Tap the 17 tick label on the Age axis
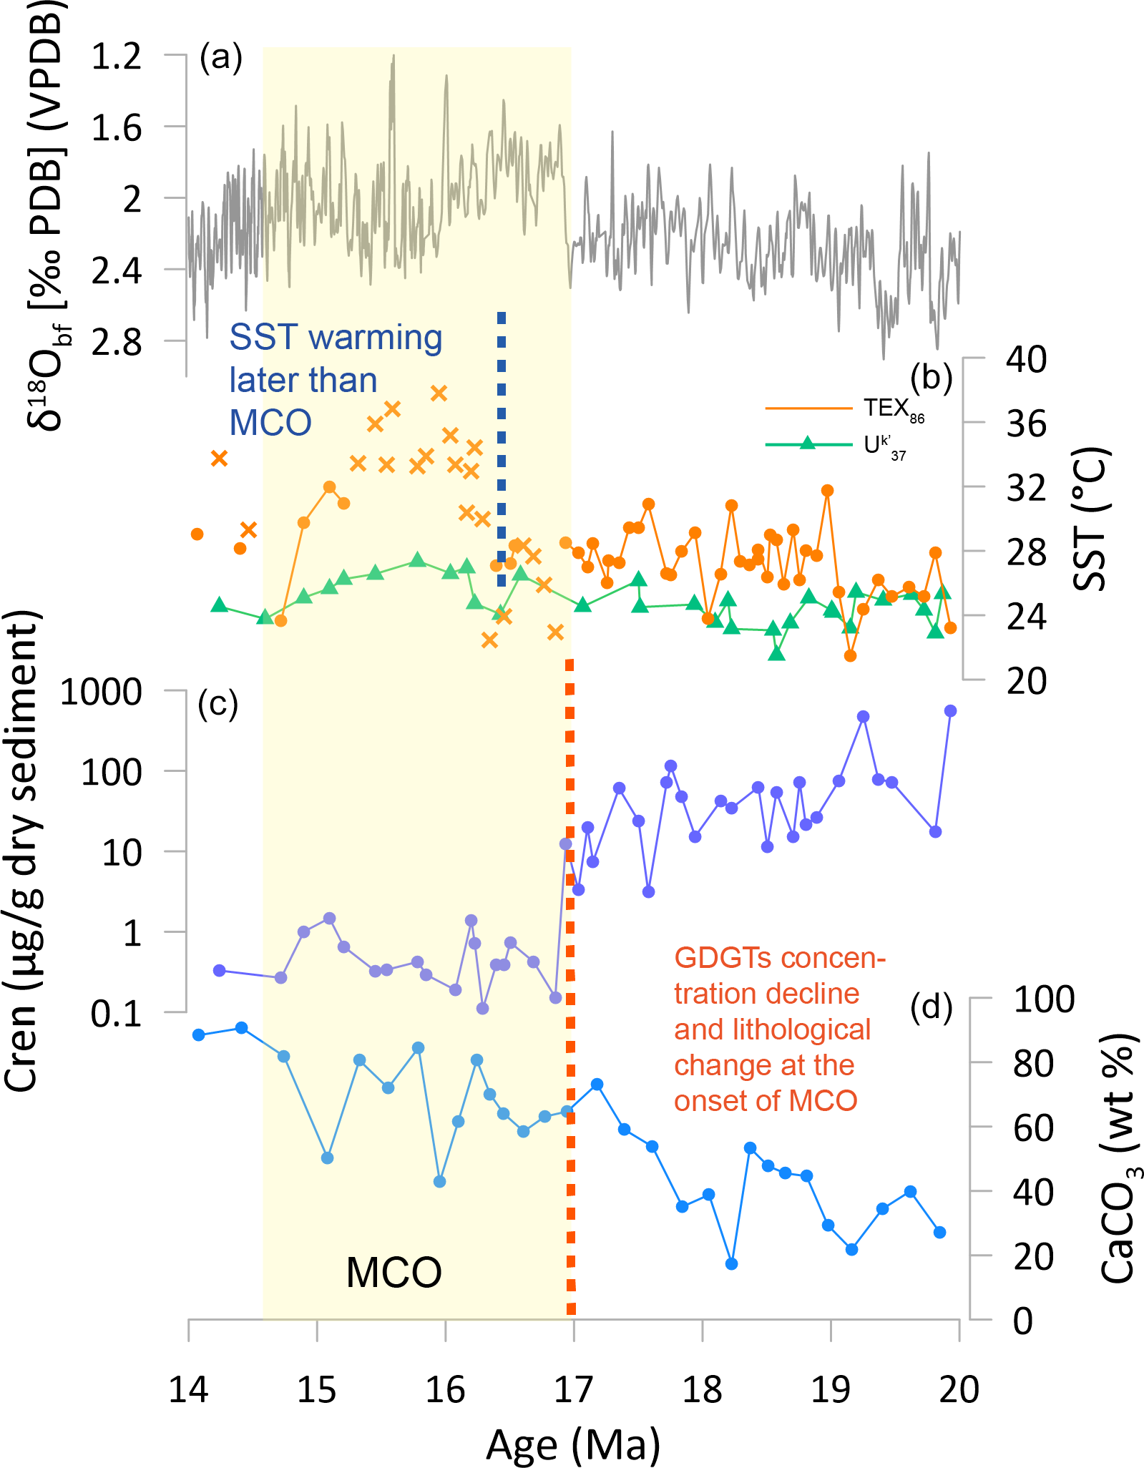pyautogui.click(x=574, y=1389)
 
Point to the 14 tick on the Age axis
pyautogui.click(x=189, y=1389)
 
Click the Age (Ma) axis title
pyautogui.click(x=573, y=1444)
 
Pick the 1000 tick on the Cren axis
pyautogui.click(x=101, y=693)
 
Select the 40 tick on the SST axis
pyautogui.click(x=1026, y=359)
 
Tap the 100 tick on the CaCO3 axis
pyautogui.click(x=1044, y=999)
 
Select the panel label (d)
pyautogui.click(x=931, y=1007)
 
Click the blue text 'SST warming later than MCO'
pyautogui.click(x=336, y=380)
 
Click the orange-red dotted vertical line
pyautogui.click(x=570, y=987)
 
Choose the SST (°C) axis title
pyautogui.click(x=1091, y=519)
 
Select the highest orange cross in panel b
pyautogui.click(x=439, y=393)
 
